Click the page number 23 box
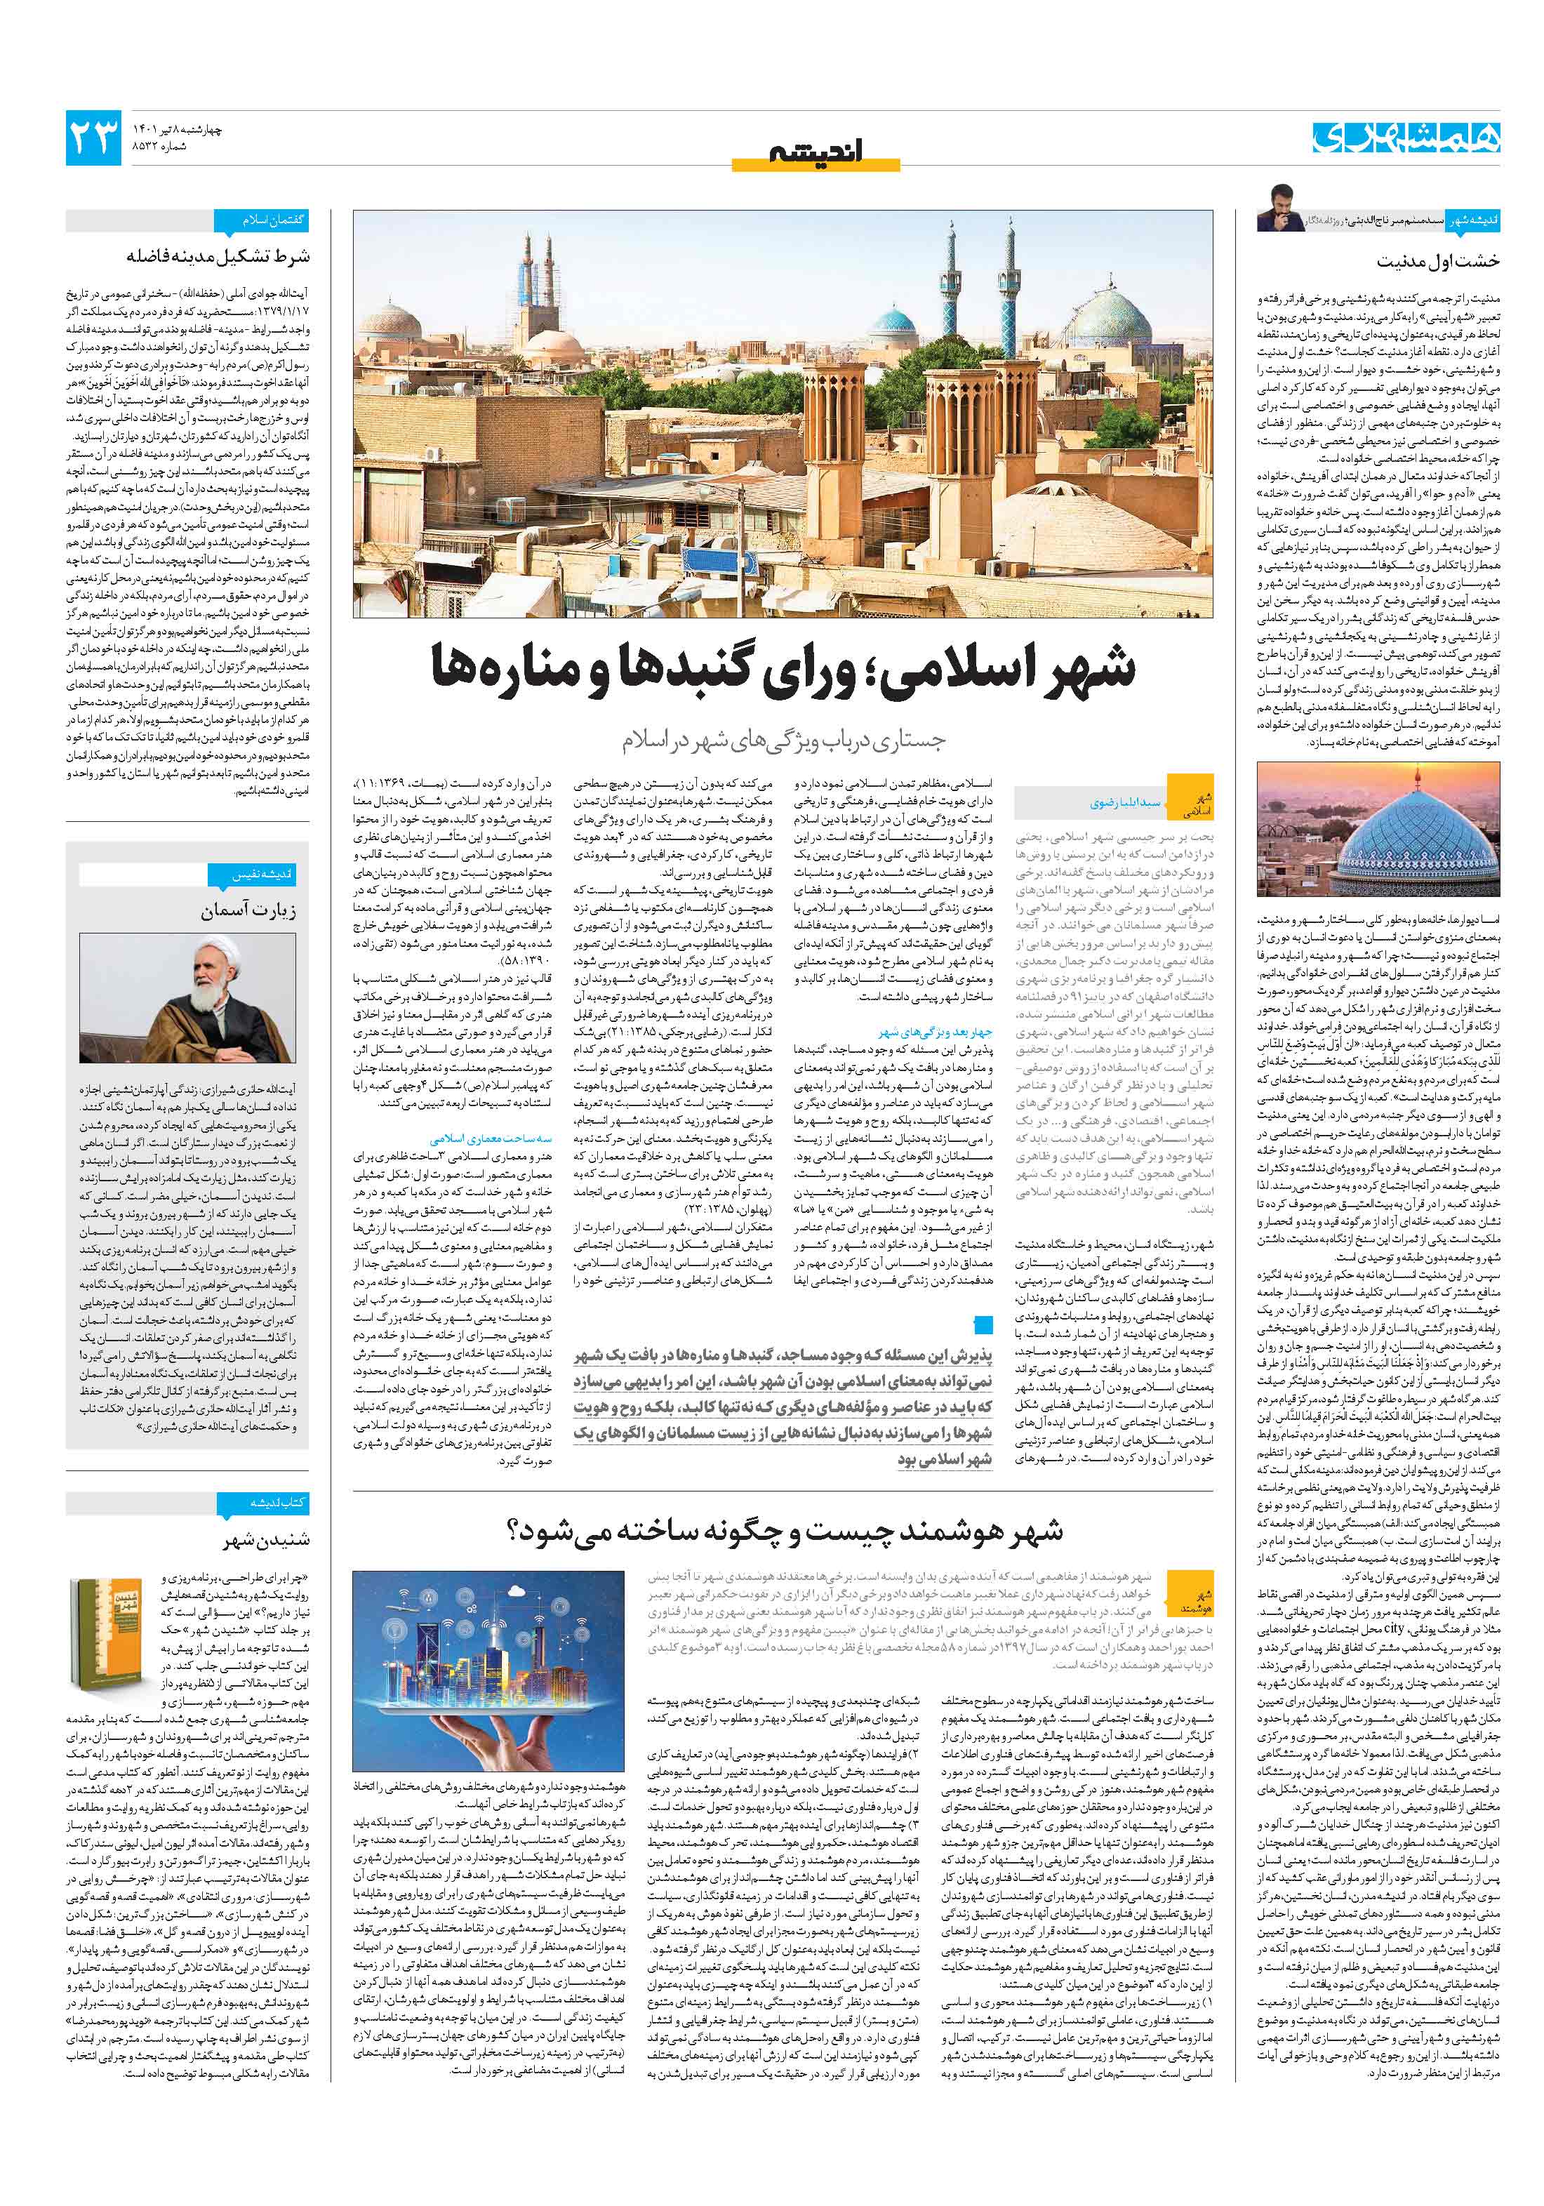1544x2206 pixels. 94,138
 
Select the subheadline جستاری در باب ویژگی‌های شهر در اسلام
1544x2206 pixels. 783,740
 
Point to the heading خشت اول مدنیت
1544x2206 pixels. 1437,261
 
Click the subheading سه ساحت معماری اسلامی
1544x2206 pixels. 477,1138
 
